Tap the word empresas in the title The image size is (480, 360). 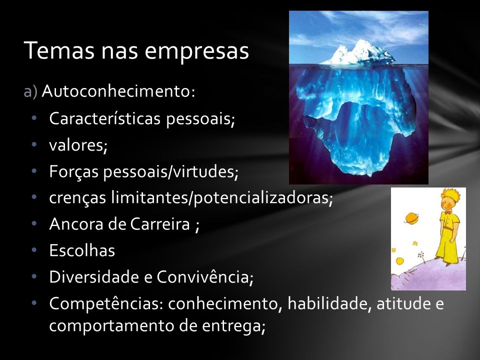196,52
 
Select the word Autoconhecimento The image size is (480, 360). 116,91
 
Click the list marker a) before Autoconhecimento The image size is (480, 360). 30,91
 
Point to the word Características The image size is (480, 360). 104,118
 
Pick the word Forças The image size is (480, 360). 74,171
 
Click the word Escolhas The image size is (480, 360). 82,250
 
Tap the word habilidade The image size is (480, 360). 327,303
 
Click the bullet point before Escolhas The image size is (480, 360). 33,250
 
